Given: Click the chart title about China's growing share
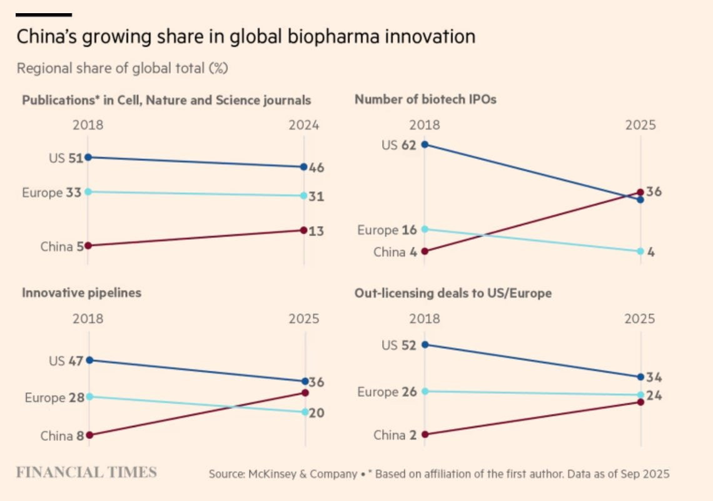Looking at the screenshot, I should pyautogui.click(x=246, y=37).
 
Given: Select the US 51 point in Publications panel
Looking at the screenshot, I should pyautogui.click(x=88, y=157).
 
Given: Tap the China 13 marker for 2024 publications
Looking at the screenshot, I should pyautogui.click(x=304, y=230).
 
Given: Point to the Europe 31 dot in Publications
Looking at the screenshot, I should pyautogui.click(x=304, y=195).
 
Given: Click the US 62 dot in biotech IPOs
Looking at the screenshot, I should pyautogui.click(x=425, y=145).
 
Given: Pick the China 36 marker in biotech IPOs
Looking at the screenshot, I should pyautogui.click(x=640, y=192).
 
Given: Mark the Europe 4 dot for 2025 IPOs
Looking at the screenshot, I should pyautogui.click(x=640, y=251).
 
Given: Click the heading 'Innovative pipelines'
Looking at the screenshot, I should pyautogui.click(x=82, y=292).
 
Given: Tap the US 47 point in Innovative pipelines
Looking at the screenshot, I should pyautogui.click(x=89, y=360).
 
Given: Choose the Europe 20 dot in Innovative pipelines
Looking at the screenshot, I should pyautogui.click(x=305, y=411).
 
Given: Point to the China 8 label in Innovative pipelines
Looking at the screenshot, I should pyautogui.click(x=62, y=436).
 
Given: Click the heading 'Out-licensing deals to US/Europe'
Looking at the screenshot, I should pyautogui.click(x=453, y=292).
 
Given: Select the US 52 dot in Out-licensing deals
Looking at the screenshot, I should pyautogui.click(x=425, y=344).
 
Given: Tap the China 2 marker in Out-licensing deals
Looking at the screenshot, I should pyautogui.click(x=425, y=434).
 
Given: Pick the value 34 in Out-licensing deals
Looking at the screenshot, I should pyautogui.click(x=654, y=378).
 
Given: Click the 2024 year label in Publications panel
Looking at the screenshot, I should pyautogui.click(x=304, y=125).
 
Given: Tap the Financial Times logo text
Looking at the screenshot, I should pyautogui.click(x=86, y=472).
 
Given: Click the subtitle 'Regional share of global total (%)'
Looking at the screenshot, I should pyautogui.click(x=122, y=68).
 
